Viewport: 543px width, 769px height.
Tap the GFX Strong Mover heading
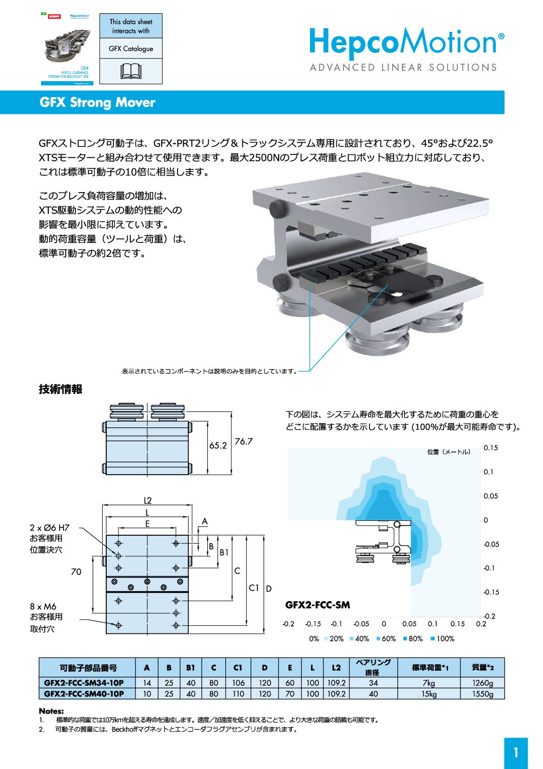pyautogui.click(x=97, y=102)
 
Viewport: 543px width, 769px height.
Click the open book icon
pyautogui.click(x=131, y=71)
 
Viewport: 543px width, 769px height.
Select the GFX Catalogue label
pyautogui.click(x=131, y=48)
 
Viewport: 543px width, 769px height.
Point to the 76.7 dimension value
pyautogui.click(x=244, y=441)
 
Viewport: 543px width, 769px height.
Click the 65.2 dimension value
pyautogui.click(x=218, y=445)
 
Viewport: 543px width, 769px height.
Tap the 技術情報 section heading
pyautogui.click(x=61, y=389)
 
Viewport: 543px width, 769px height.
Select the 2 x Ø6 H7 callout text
pyautogui.click(x=49, y=528)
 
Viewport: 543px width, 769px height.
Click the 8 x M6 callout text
pyautogui.click(x=43, y=606)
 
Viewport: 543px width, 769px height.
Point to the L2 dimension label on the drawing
pyautogui.click(x=147, y=500)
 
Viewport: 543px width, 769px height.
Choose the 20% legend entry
pyautogui.click(x=334, y=639)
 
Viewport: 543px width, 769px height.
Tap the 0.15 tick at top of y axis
pyautogui.click(x=491, y=447)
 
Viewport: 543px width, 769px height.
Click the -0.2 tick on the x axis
pyautogui.click(x=288, y=624)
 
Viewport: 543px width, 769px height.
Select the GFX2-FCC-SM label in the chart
pyautogui.click(x=318, y=605)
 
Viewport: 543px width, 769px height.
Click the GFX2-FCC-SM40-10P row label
pyautogui.click(x=84, y=693)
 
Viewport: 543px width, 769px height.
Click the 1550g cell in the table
pyautogui.click(x=482, y=693)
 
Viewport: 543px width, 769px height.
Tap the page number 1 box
pyautogui.click(x=516, y=753)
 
